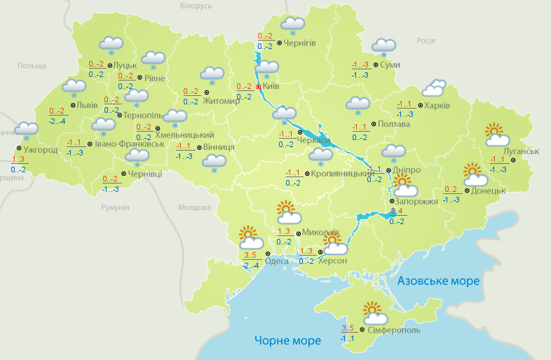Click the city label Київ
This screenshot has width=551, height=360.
[x=271, y=86]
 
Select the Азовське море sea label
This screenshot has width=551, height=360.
[x=438, y=281]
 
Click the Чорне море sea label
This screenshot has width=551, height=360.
[x=287, y=340]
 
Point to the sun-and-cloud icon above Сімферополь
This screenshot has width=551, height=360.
[x=372, y=312]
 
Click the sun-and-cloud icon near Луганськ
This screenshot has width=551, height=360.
[x=496, y=134]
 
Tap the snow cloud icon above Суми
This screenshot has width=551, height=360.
[x=383, y=47]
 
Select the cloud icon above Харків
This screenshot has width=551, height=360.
[x=434, y=88]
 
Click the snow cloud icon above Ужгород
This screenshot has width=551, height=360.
[x=27, y=131]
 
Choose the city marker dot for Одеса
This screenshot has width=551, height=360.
[x=266, y=254]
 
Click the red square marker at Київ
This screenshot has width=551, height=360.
[x=258, y=86]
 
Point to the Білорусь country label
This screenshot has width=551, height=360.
[x=196, y=6]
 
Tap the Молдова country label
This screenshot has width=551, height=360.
[x=194, y=208]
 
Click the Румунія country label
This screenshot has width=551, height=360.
[x=115, y=208]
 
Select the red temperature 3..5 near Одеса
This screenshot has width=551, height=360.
[x=250, y=254]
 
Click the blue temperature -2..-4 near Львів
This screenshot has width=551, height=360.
[x=57, y=121]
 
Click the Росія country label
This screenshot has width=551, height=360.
[x=426, y=41]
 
